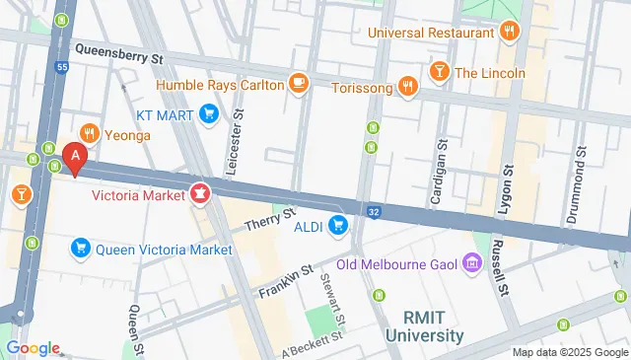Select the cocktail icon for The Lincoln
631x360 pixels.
click(x=439, y=72)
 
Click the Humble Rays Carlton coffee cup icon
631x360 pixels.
click(x=299, y=83)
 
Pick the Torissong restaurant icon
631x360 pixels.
click(x=406, y=87)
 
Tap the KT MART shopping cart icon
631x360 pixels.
click(x=208, y=114)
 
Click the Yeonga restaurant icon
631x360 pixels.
click(x=89, y=133)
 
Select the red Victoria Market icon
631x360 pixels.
click(x=201, y=191)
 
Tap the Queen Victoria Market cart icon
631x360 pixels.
click(x=81, y=249)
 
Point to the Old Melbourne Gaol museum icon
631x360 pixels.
click(x=470, y=264)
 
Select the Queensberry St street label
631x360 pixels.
click(x=119, y=58)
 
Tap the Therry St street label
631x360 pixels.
click(x=270, y=220)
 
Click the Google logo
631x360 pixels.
click(x=33, y=347)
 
